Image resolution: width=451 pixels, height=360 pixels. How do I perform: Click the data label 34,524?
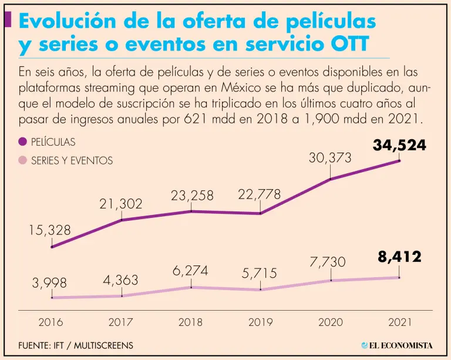click(399, 145)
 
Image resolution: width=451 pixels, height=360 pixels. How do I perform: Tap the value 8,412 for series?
click(399, 257)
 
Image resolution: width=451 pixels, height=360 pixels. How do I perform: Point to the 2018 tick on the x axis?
click(191, 322)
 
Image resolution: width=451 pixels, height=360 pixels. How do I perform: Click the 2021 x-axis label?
click(399, 322)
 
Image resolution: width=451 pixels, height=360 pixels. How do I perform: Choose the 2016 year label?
click(51, 322)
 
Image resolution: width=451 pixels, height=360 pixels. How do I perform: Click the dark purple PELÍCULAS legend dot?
click(22, 142)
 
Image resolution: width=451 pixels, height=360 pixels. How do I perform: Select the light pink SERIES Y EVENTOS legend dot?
click(22, 160)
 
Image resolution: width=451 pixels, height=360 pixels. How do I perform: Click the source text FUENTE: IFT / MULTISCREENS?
click(76, 345)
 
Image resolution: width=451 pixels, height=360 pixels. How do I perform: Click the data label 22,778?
click(260, 194)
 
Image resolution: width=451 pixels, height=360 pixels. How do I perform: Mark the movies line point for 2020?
click(331, 179)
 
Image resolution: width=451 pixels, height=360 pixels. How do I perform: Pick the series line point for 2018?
click(191, 287)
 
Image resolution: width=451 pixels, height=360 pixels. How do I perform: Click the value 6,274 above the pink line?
click(190, 271)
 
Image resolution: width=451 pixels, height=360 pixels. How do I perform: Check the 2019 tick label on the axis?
click(261, 322)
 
